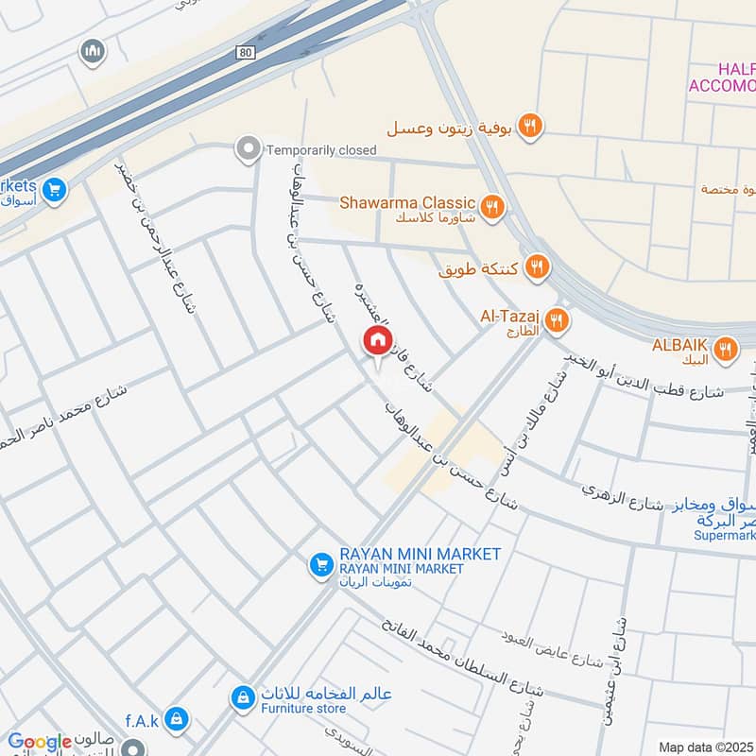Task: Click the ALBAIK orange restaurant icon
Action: tap(726, 350)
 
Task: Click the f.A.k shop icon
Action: tap(175, 720)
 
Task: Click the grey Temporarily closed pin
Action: tap(249, 149)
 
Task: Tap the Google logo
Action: tap(40, 742)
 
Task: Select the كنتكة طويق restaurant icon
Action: tap(538, 267)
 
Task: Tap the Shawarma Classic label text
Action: tap(407, 201)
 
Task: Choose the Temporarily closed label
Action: tap(321, 149)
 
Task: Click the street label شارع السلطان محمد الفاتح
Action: tap(463, 657)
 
